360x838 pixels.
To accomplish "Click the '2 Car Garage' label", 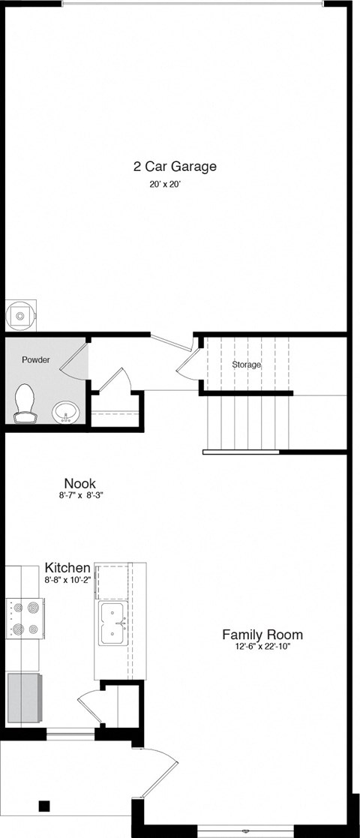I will pyautogui.click(x=175, y=167).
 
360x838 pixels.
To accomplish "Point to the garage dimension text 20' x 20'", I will pyautogui.click(x=165, y=184).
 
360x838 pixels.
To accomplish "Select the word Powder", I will pyautogui.click(x=35, y=360).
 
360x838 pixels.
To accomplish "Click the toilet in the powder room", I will pyautogui.click(x=25, y=402).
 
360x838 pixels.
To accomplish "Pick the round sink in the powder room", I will pyautogui.click(x=66, y=413).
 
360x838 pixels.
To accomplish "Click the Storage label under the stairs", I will pyautogui.click(x=246, y=365).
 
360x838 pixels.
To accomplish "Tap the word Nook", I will pyautogui.click(x=79, y=484).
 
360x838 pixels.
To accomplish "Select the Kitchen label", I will pyautogui.click(x=67, y=568).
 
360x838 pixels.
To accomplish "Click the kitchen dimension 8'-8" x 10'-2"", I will pyautogui.click(x=68, y=580).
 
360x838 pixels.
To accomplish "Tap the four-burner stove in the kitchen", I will pyautogui.click(x=25, y=617).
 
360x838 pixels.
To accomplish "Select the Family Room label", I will pyautogui.click(x=262, y=635).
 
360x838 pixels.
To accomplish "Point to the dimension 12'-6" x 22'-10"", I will pyautogui.click(x=262, y=647).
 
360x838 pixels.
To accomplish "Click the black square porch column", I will pyautogui.click(x=44, y=806).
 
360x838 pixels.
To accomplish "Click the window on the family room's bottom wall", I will pyautogui.click(x=246, y=831).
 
